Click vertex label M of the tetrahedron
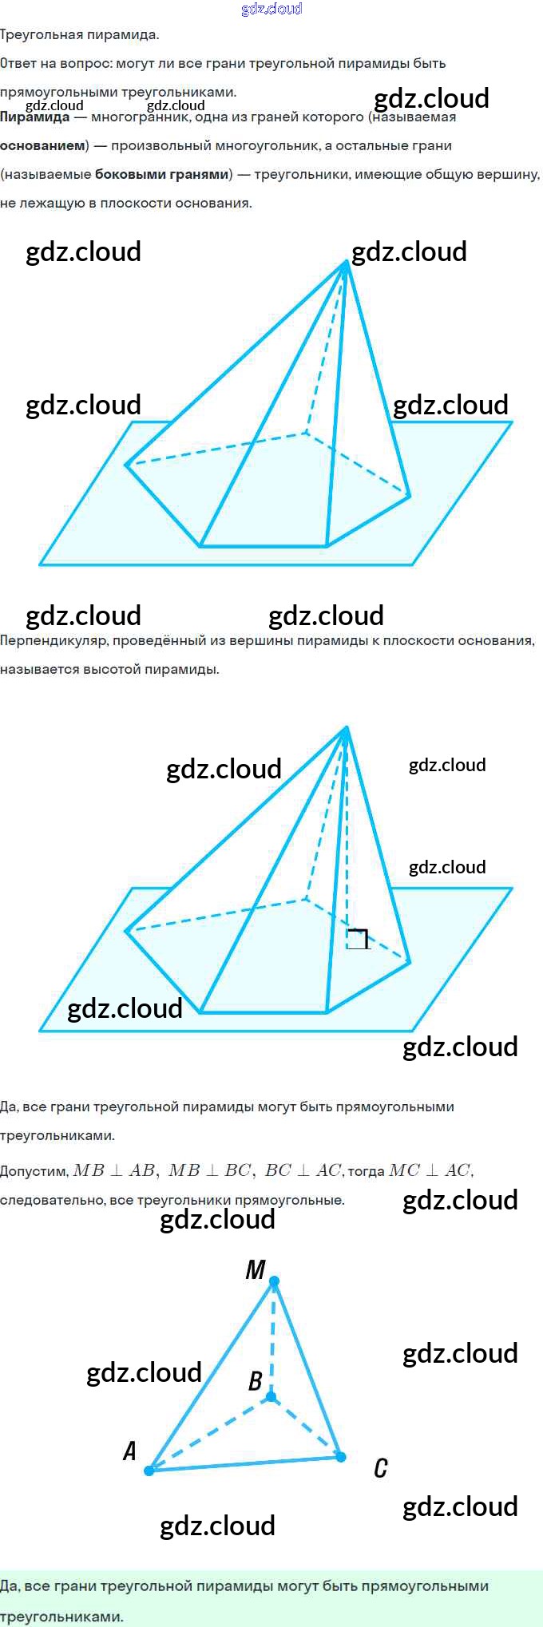click(x=256, y=1269)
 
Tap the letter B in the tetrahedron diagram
click(x=255, y=1380)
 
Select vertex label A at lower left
click(x=129, y=1450)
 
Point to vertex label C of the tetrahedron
click(x=381, y=1467)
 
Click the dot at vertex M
click(x=274, y=1282)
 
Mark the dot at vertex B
click(x=271, y=1396)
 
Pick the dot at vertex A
click(x=149, y=1470)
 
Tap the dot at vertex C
click(x=341, y=1457)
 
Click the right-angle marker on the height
click(x=357, y=939)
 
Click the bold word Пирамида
click(x=35, y=117)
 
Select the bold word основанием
click(x=42, y=146)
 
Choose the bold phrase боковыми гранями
click(x=161, y=175)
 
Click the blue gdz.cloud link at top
click(x=271, y=9)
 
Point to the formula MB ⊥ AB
click(x=114, y=1170)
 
